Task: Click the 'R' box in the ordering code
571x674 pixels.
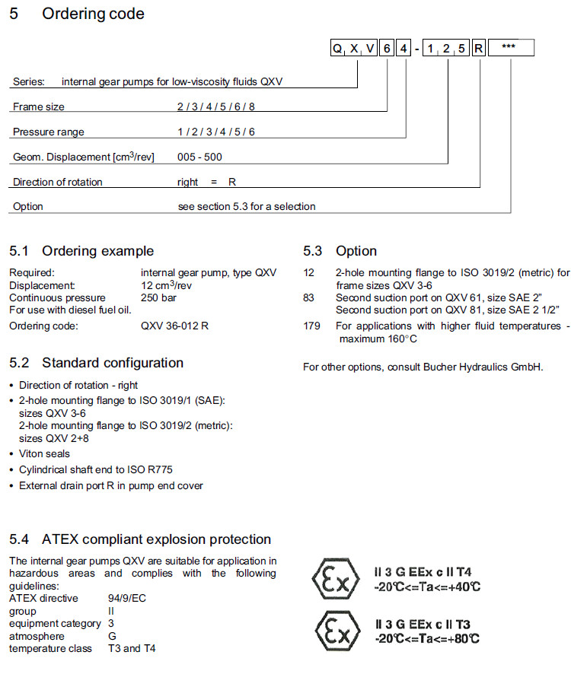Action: click(x=479, y=49)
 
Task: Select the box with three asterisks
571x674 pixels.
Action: click(x=511, y=49)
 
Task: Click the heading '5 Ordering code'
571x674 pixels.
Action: click(x=77, y=14)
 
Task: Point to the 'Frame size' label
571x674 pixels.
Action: click(x=39, y=107)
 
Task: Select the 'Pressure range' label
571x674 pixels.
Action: click(x=48, y=132)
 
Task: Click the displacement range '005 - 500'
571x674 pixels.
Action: click(x=200, y=157)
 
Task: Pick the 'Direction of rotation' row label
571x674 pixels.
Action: click(x=58, y=182)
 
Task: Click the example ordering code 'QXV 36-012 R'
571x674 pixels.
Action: click(x=175, y=326)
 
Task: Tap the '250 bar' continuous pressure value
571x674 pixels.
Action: click(x=158, y=297)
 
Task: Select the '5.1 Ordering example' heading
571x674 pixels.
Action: click(x=81, y=251)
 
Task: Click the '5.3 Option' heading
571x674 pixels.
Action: click(x=340, y=251)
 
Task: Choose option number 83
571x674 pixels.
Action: click(x=308, y=297)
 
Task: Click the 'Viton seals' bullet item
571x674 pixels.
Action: click(x=45, y=453)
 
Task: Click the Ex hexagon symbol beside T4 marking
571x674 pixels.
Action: click(x=335, y=579)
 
